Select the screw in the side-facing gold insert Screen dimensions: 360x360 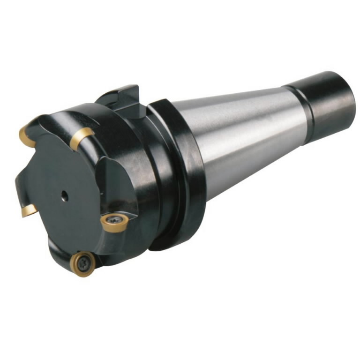coord(113,220)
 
